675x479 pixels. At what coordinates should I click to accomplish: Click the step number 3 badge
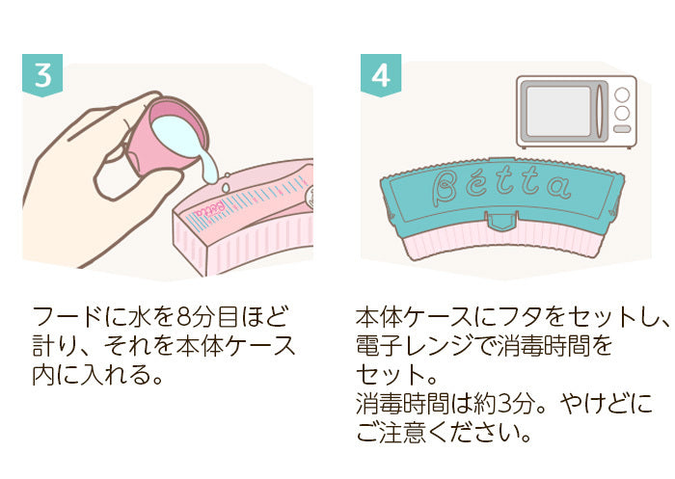coord(42,75)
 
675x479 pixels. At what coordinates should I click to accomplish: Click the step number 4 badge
coord(381,75)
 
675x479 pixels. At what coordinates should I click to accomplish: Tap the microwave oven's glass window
coord(558,111)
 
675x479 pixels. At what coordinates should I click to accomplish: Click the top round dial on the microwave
coord(622,94)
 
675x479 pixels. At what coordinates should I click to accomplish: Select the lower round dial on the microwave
coord(622,113)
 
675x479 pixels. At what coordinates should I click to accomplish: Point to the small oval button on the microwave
coord(622,129)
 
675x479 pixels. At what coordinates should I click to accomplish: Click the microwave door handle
coord(599,111)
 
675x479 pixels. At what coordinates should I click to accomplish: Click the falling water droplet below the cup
coord(225,187)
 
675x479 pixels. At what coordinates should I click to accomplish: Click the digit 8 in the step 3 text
coord(184,317)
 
